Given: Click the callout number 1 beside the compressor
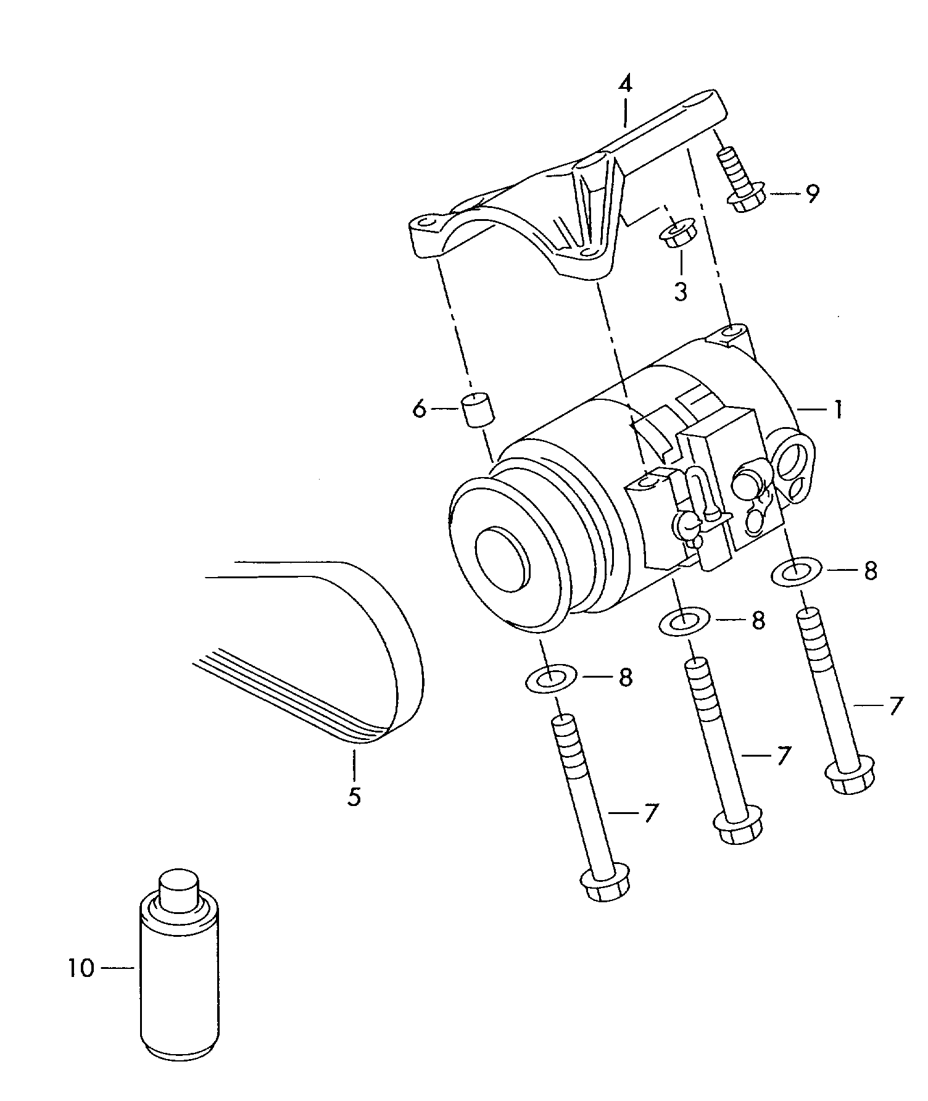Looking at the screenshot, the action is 837,409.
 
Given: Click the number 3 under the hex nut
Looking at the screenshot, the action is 681,291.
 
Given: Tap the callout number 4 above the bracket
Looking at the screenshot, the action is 626,84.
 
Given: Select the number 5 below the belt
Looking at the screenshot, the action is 354,796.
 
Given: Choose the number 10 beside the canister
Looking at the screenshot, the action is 81,968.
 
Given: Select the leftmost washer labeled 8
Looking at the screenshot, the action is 550,679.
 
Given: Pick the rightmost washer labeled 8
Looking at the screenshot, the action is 797,571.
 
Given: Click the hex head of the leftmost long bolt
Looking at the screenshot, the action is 605,886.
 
